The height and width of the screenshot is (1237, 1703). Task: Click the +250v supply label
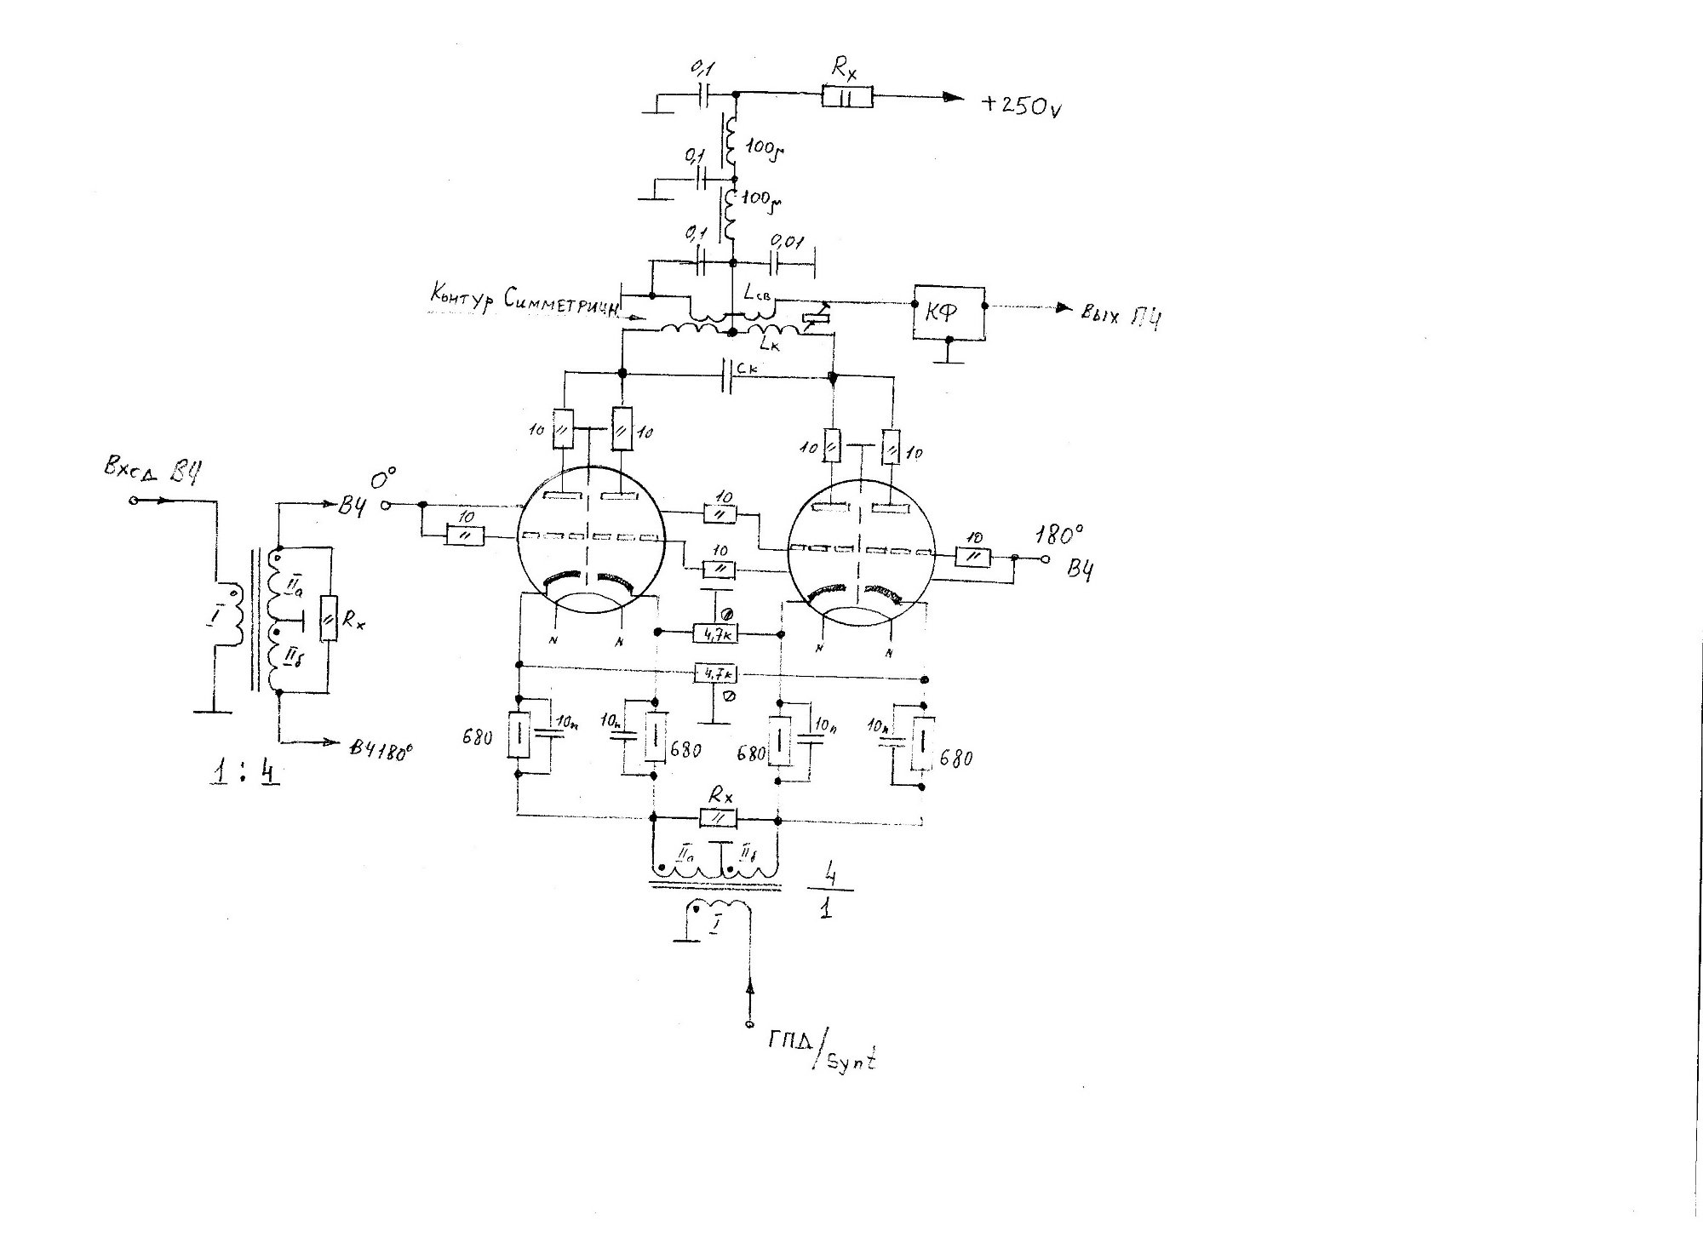[x=1021, y=106]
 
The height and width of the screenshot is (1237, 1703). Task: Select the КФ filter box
[x=948, y=312]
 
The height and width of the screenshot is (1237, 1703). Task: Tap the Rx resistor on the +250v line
[x=847, y=97]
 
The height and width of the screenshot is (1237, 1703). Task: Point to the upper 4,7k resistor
[x=716, y=633]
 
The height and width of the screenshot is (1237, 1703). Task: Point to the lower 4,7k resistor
[x=716, y=674]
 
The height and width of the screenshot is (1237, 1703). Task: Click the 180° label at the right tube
[x=1059, y=535]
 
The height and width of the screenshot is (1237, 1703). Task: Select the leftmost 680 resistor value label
[x=478, y=737]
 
